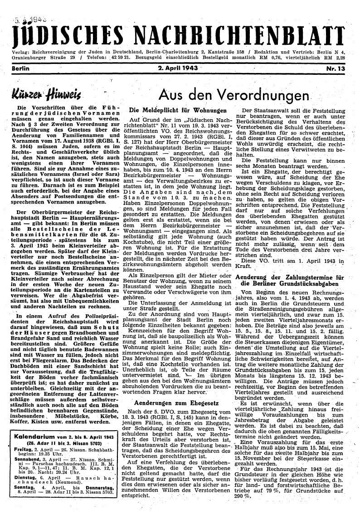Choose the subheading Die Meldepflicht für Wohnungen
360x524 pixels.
coord(178,110)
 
